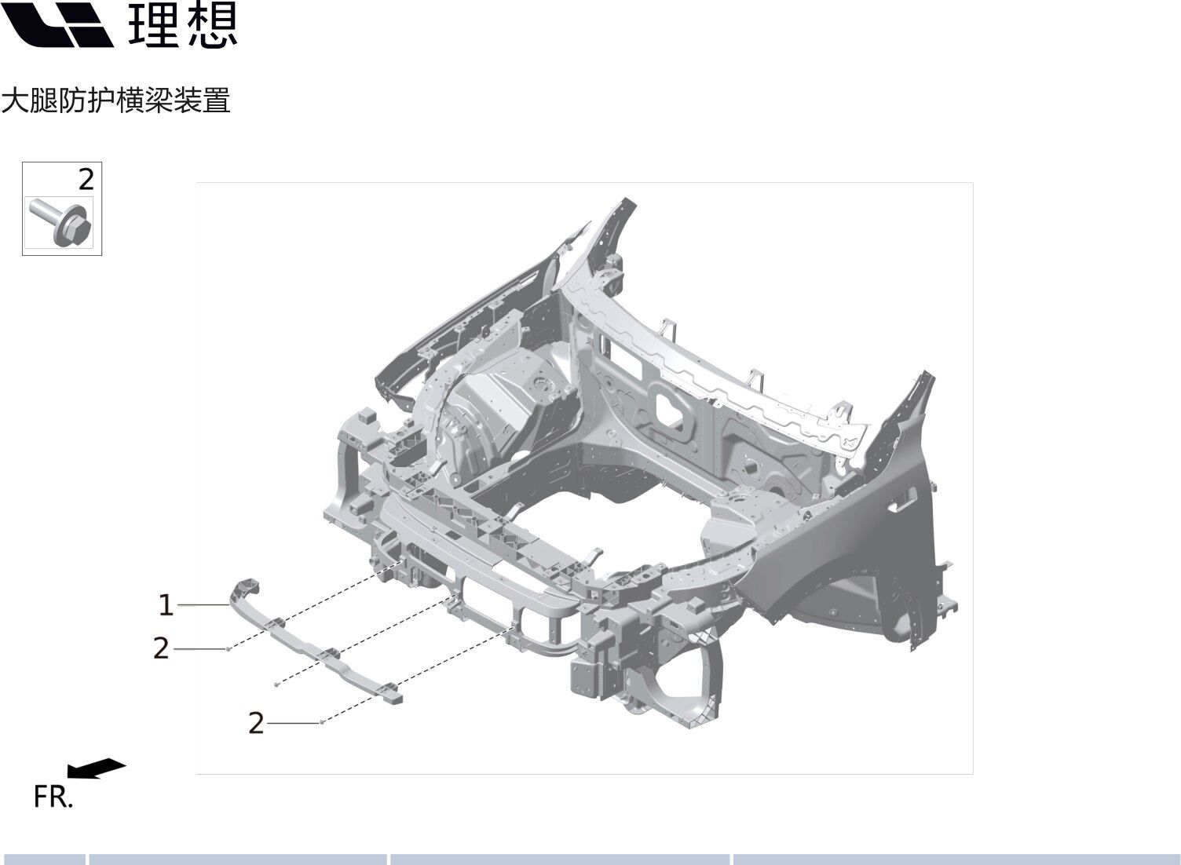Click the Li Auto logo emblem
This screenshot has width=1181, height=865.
[x=57, y=24]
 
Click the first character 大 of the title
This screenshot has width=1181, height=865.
[x=14, y=100]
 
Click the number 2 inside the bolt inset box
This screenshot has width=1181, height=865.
[x=86, y=180]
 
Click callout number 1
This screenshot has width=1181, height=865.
[x=166, y=604]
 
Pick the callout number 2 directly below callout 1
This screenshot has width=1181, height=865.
[x=161, y=648]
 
